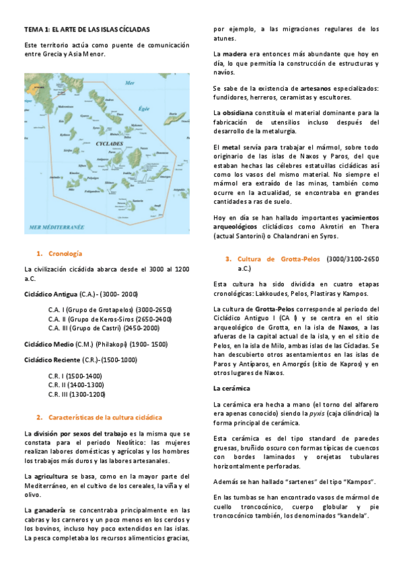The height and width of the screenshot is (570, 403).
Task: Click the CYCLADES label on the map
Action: tap(104, 144)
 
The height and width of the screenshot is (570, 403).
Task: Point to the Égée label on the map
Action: tap(143, 108)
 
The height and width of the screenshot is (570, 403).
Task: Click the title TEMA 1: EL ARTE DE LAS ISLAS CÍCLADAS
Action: tap(87, 30)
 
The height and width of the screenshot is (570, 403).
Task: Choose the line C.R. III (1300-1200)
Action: tap(77, 395)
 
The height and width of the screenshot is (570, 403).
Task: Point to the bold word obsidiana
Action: tap(237, 112)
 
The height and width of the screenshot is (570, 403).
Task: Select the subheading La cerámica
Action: tap(231, 389)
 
